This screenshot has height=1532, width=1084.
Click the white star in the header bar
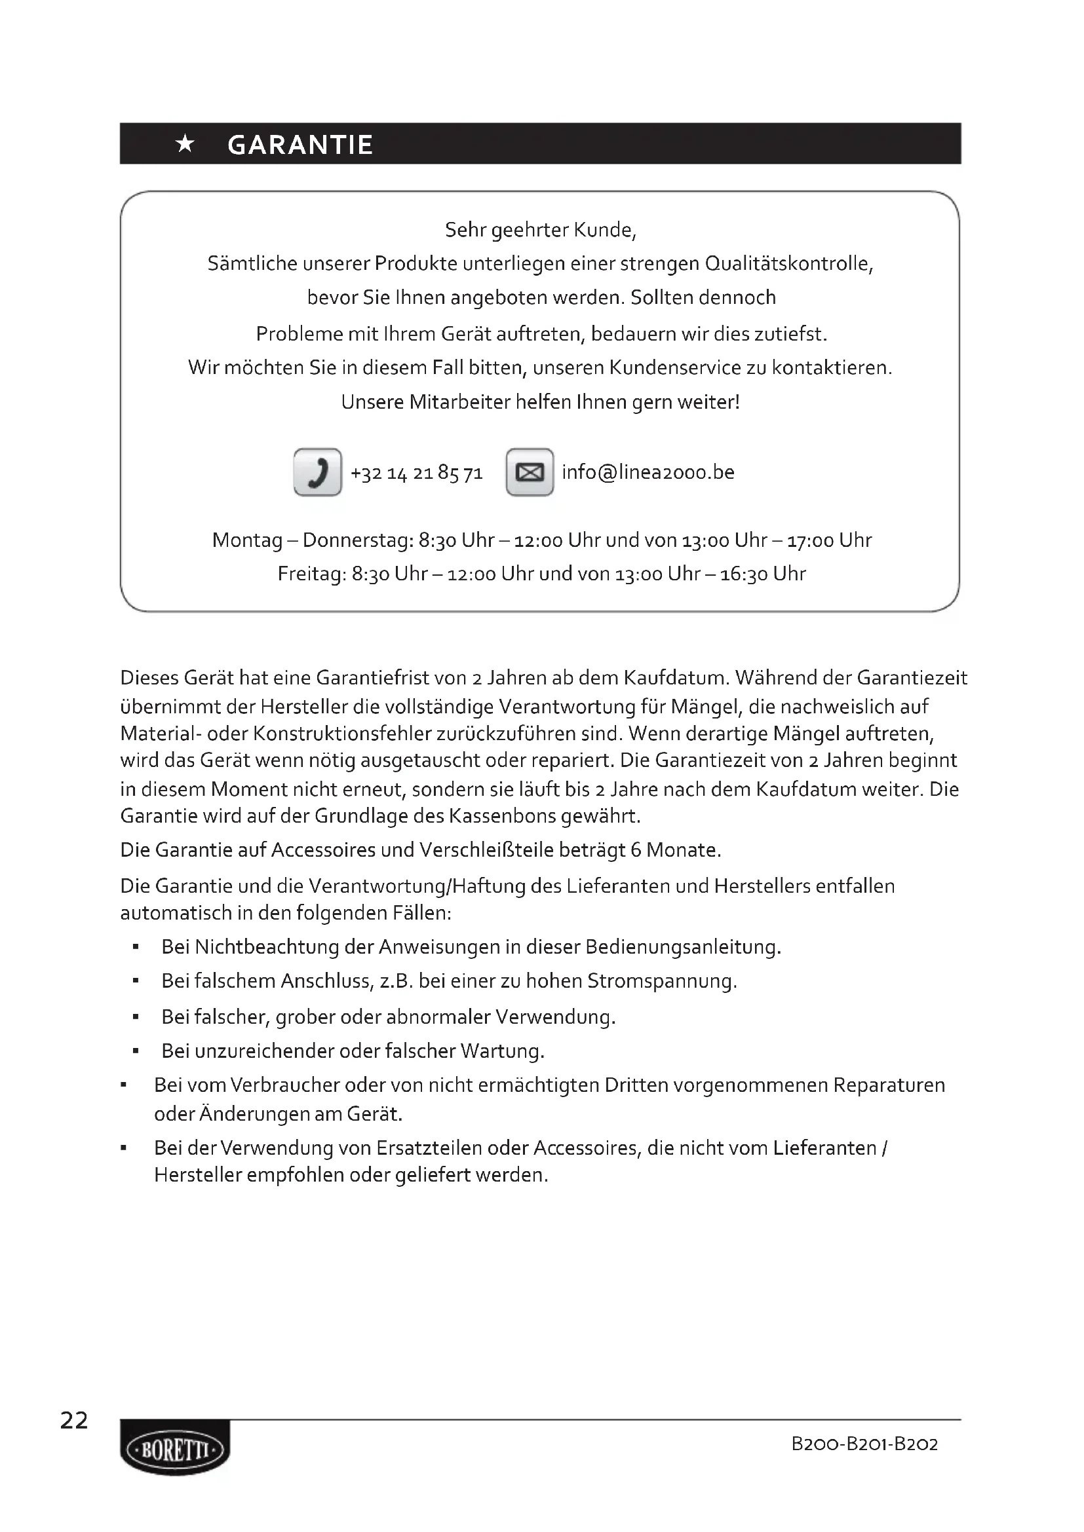point(185,144)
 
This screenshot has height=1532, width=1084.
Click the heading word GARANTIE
point(300,145)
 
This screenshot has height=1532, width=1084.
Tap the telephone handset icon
point(318,472)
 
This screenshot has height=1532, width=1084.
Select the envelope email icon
point(530,472)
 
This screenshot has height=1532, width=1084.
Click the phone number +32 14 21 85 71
point(417,473)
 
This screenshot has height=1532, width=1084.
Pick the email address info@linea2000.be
point(648,472)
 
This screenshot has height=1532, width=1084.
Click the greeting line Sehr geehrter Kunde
point(541,230)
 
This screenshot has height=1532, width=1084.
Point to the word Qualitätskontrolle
point(788,263)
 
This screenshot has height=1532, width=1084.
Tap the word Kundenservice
point(665,367)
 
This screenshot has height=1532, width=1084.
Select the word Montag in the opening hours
point(247,540)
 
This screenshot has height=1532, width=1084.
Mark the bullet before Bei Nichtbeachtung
point(136,947)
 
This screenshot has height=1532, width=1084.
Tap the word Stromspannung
point(661,981)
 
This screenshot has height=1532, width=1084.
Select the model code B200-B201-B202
point(864,1445)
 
